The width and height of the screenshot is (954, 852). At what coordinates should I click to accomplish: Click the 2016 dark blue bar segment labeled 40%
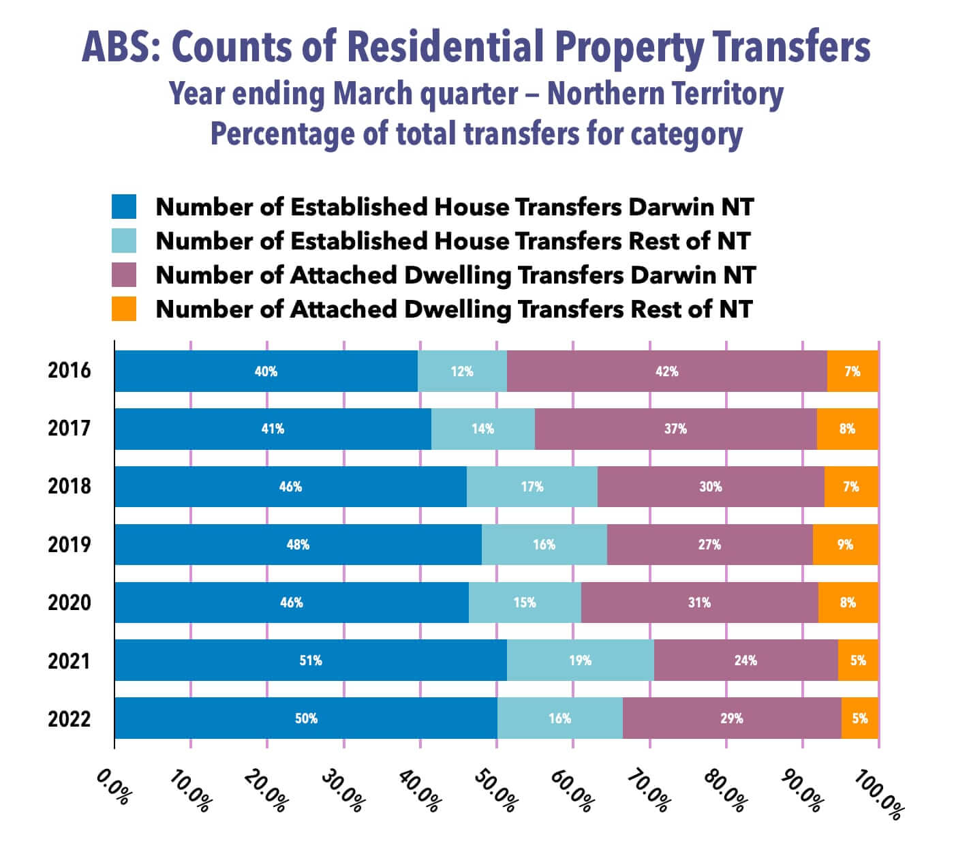point(266,371)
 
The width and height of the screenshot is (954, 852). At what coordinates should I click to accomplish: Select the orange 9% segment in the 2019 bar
point(845,545)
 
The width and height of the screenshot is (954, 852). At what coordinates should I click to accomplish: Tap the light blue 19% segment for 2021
point(580,660)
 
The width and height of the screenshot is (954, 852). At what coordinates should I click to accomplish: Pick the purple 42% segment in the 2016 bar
point(666,371)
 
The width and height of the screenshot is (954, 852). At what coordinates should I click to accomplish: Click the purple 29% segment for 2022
point(731,718)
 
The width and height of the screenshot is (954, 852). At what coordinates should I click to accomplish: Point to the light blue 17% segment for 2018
point(532,487)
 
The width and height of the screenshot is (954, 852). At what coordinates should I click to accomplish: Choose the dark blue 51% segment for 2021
point(310,660)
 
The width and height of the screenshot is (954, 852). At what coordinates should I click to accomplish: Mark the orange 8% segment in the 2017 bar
point(847,429)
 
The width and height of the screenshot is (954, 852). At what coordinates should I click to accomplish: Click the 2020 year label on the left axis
point(69,603)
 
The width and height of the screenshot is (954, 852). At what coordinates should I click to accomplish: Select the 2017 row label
point(69,429)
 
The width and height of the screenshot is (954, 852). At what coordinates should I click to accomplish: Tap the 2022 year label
point(69,719)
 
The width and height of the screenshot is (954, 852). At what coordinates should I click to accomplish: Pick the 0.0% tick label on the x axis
point(112,787)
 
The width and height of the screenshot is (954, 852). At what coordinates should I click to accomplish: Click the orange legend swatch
point(124,309)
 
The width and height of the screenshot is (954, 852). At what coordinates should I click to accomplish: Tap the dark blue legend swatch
point(124,207)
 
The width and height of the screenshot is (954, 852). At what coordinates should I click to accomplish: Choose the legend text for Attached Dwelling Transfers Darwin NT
point(455,275)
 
